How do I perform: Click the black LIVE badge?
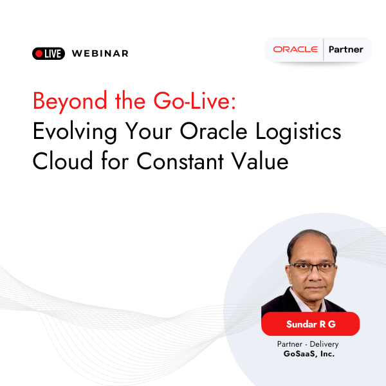click(x=48, y=53)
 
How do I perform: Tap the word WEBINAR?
click(x=100, y=53)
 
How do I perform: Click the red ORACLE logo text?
click(x=295, y=50)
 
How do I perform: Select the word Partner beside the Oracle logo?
click(x=346, y=50)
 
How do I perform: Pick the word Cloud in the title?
click(x=61, y=161)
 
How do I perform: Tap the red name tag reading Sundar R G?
click(x=311, y=324)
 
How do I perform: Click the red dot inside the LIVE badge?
click(x=39, y=53)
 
